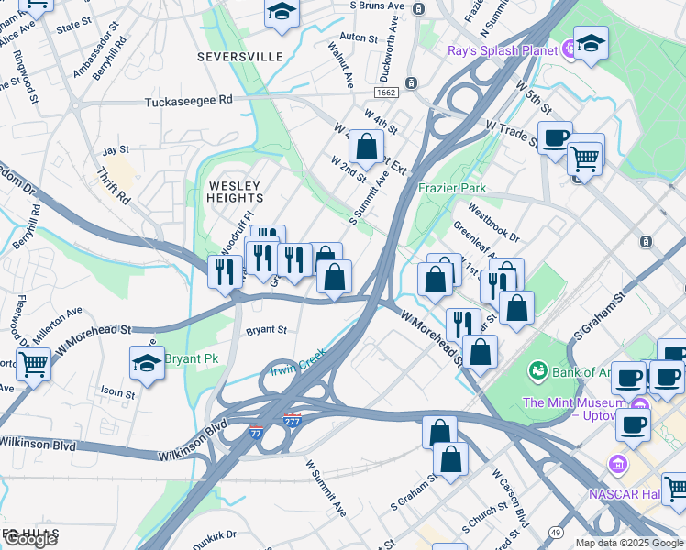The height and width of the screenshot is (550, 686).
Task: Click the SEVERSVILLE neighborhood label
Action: pos(239,57)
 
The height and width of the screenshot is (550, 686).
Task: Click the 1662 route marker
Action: pos(384,93)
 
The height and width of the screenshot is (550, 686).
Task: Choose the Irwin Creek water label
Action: pos(297,361)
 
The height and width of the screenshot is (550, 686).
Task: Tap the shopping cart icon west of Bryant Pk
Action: pos(33,364)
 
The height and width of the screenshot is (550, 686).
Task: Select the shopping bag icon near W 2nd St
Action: pos(366,146)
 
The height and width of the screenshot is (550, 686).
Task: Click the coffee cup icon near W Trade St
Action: pos(555,137)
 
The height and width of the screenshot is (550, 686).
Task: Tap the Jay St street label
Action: pos(116,149)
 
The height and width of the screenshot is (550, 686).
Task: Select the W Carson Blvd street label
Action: pos(510,500)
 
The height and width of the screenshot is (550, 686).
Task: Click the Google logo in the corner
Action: pos(30,539)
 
